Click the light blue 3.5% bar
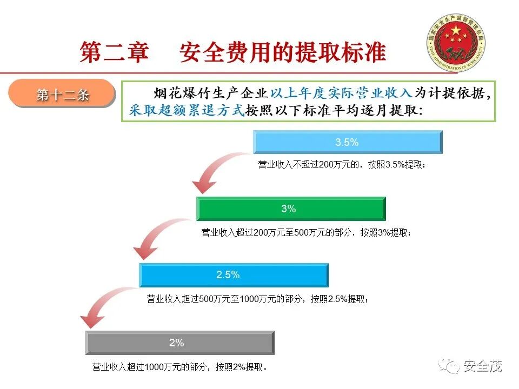pos(348,143)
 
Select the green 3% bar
pos(290,209)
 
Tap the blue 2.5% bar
pos(234,274)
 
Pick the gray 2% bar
pos(179,343)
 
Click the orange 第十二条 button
pos(63,95)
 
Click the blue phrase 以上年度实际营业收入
pos(341,93)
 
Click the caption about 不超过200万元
pos(342,164)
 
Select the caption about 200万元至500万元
pos(306,232)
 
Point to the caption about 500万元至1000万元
pos(258,299)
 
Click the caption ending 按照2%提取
pos(180,367)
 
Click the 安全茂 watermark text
pos(483,366)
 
